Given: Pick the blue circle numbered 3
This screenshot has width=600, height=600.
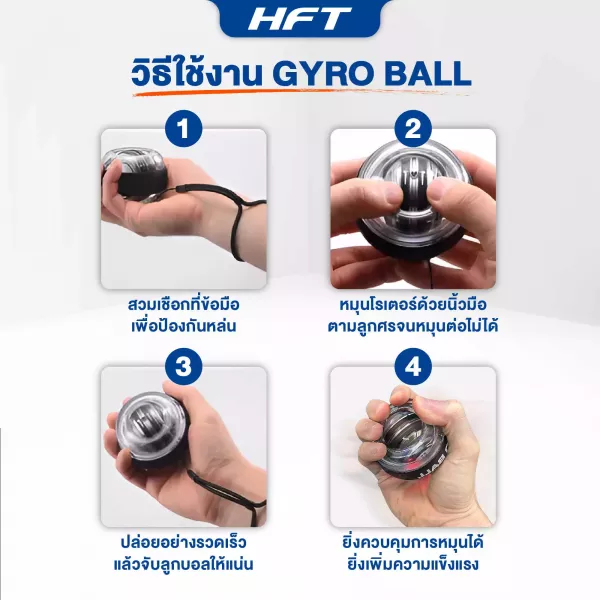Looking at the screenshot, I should pos(184,366).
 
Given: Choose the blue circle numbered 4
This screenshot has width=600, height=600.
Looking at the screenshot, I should pos(413,366).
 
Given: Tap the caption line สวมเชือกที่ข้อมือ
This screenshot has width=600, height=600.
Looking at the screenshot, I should pos(184,304).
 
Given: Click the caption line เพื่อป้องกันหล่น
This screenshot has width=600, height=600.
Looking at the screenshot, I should pos(184,326).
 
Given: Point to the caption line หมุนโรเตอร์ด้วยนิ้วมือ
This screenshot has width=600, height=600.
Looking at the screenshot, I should pos(413,304).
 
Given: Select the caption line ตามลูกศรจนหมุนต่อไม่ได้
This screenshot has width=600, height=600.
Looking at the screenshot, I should pos(413,326).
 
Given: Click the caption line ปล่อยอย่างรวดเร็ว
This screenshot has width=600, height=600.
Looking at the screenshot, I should pos(184,542).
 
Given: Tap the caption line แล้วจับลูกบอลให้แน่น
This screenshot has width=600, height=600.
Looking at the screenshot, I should pos(184,564).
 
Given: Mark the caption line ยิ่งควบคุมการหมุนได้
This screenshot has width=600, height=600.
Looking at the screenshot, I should pos(413,542).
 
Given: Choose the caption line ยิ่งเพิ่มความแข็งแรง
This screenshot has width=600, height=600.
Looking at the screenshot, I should pos(413,564).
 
